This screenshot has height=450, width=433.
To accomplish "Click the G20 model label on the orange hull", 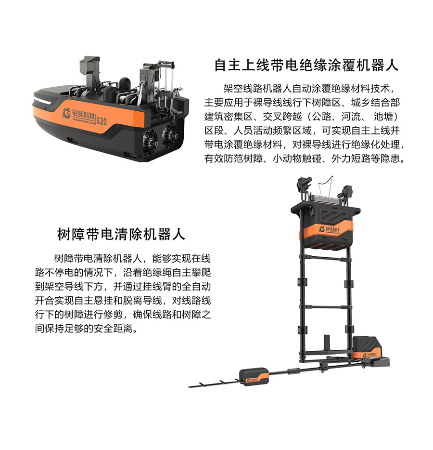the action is [x=102, y=120].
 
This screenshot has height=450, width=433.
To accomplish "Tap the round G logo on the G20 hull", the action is [x=66, y=113].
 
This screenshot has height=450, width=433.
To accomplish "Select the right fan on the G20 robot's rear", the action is [x=169, y=134].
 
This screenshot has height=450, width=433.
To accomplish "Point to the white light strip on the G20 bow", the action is [x=42, y=101].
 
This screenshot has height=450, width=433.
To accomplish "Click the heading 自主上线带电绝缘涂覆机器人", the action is [x=306, y=65].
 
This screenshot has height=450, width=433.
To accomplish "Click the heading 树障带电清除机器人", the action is [x=121, y=234].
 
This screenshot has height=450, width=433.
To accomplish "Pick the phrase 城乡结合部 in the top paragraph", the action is [x=375, y=103].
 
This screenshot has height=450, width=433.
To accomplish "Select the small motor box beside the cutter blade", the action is [x=254, y=377].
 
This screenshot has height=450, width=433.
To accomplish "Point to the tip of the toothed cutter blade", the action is [x=189, y=387].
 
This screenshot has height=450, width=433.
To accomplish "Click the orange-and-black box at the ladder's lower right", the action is [x=367, y=348].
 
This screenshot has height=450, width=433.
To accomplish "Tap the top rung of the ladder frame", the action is [x=326, y=257].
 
